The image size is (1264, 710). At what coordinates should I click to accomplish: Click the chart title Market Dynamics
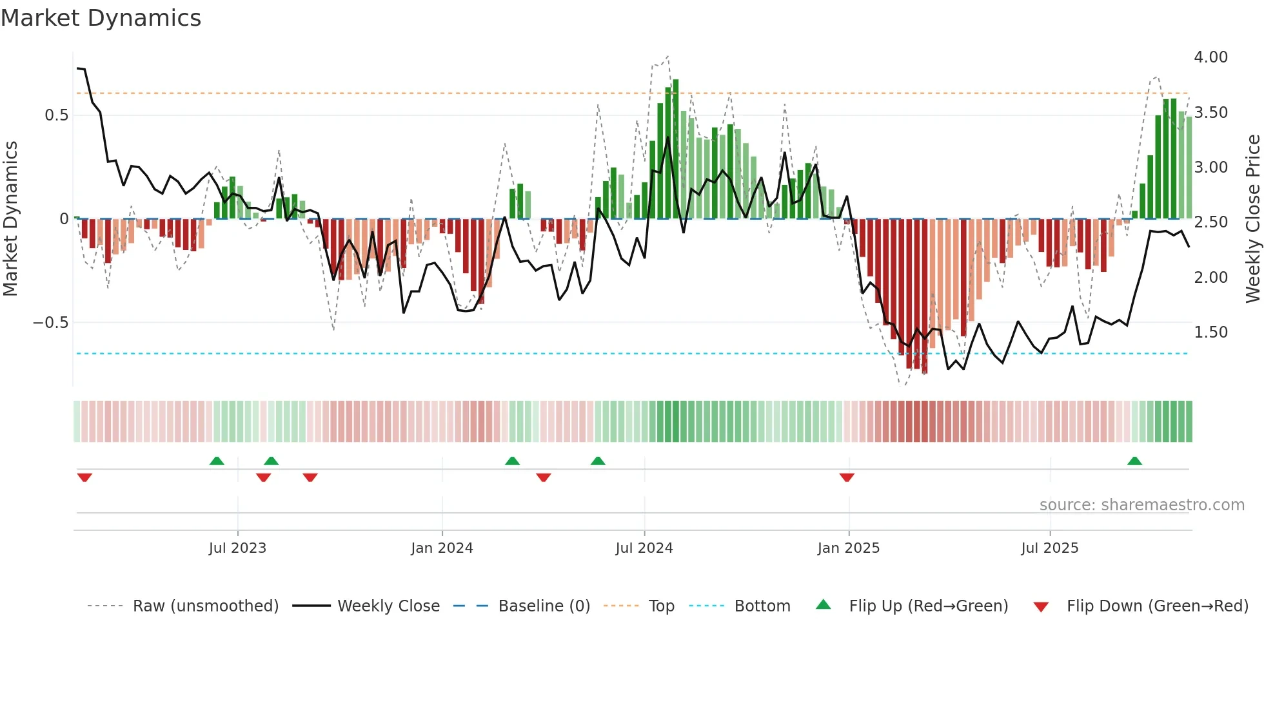tap(101, 18)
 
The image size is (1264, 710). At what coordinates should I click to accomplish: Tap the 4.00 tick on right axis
tap(1210, 57)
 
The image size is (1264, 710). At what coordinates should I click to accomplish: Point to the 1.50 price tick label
tap(1210, 332)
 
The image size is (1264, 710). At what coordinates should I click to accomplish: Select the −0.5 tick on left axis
tap(50, 323)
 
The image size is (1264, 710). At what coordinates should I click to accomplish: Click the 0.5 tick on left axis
tap(56, 115)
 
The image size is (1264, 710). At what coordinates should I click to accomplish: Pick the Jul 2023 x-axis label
tap(237, 548)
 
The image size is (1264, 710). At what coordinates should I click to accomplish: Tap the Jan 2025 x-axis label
tap(848, 548)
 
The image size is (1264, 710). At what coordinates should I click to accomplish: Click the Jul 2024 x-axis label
tap(644, 548)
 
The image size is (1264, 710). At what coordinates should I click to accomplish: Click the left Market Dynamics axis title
tap(10, 219)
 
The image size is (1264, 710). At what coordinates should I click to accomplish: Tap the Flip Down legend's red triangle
tap(1040, 607)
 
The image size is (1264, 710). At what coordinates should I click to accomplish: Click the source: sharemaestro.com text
tap(1141, 505)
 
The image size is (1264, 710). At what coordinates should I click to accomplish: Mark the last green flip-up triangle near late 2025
tap(1134, 461)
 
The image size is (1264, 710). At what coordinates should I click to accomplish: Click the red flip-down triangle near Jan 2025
tap(847, 477)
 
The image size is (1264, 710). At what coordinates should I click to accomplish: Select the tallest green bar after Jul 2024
tap(675, 148)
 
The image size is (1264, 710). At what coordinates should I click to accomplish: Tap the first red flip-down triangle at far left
tap(84, 477)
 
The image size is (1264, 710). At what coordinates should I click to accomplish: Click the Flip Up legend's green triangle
tap(824, 604)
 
